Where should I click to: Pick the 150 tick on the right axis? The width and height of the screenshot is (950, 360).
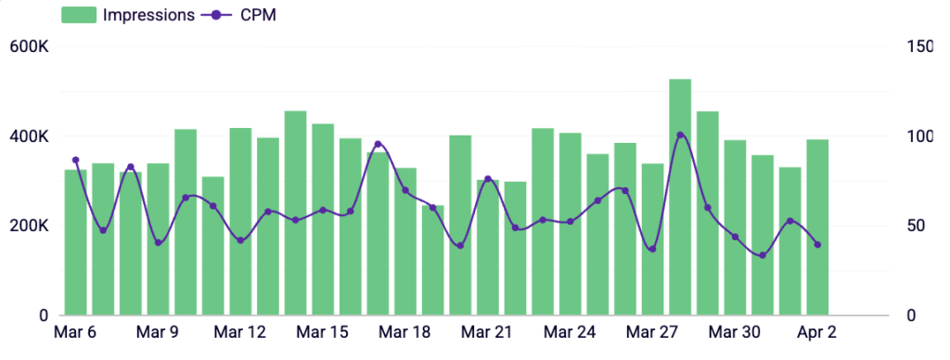tap(920, 46)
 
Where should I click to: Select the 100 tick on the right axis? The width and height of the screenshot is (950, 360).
tap(920, 136)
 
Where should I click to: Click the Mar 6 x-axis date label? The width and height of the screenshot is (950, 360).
tap(76, 332)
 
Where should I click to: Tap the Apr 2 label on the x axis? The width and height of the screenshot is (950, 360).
tap(817, 332)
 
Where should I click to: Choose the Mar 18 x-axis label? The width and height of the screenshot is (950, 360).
tap(404, 332)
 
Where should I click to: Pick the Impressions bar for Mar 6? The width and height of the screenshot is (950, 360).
tap(76, 242)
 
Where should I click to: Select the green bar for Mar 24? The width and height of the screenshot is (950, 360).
tap(571, 224)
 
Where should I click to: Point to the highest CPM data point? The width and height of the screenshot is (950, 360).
tap(680, 135)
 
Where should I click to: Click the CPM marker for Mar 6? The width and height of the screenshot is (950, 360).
tap(76, 161)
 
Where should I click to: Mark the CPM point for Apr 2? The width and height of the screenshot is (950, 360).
tap(817, 245)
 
